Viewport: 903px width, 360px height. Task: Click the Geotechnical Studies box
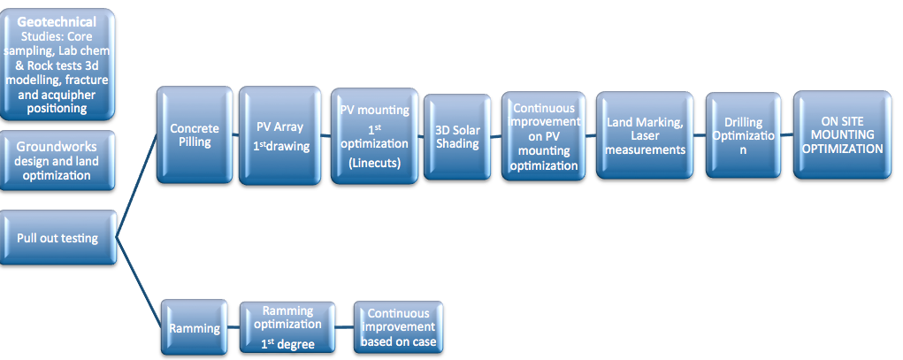(x=58, y=65)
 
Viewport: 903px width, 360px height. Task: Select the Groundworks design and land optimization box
(x=58, y=161)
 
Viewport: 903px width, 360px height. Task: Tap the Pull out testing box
(x=58, y=237)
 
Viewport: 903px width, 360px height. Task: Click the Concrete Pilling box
(x=195, y=134)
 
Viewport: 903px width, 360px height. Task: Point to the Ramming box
(x=195, y=328)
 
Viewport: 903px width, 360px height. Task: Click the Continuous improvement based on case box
(x=398, y=328)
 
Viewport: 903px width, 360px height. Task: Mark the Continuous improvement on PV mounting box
(x=542, y=136)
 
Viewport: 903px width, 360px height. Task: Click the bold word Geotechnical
(x=58, y=21)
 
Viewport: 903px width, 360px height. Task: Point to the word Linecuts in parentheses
(x=374, y=163)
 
